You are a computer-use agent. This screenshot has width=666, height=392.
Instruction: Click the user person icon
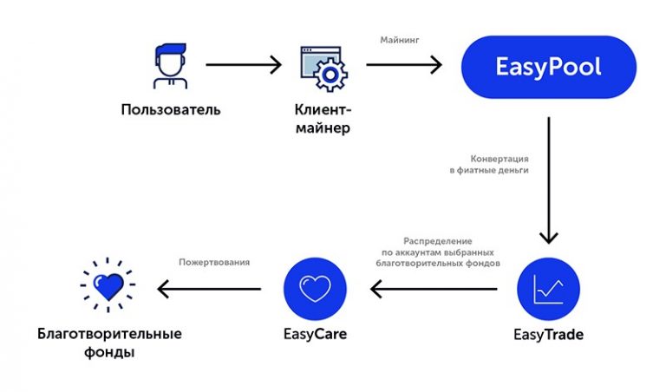click(x=170, y=66)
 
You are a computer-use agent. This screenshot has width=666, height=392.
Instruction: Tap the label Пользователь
click(x=171, y=110)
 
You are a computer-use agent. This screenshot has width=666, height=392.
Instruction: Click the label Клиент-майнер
click(x=323, y=119)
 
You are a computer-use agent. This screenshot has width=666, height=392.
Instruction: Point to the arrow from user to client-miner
click(x=245, y=65)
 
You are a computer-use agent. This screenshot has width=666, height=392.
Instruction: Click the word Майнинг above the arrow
click(x=401, y=40)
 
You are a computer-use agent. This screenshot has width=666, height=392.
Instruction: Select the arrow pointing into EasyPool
click(x=404, y=65)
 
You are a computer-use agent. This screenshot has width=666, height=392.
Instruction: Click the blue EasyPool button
click(x=548, y=67)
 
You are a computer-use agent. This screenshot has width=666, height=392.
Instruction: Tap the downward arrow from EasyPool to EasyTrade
click(x=548, y=181)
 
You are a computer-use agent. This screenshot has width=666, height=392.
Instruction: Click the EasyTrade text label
click(x=548, y=333)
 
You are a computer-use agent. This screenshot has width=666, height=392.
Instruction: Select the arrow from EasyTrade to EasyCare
click(x=434, y=288)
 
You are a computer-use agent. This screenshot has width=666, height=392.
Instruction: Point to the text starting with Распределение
click(x=437, y=251)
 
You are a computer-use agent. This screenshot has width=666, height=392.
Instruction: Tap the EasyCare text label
click(x=315, y=333)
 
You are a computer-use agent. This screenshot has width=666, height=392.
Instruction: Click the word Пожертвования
click(x=213, y=262)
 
